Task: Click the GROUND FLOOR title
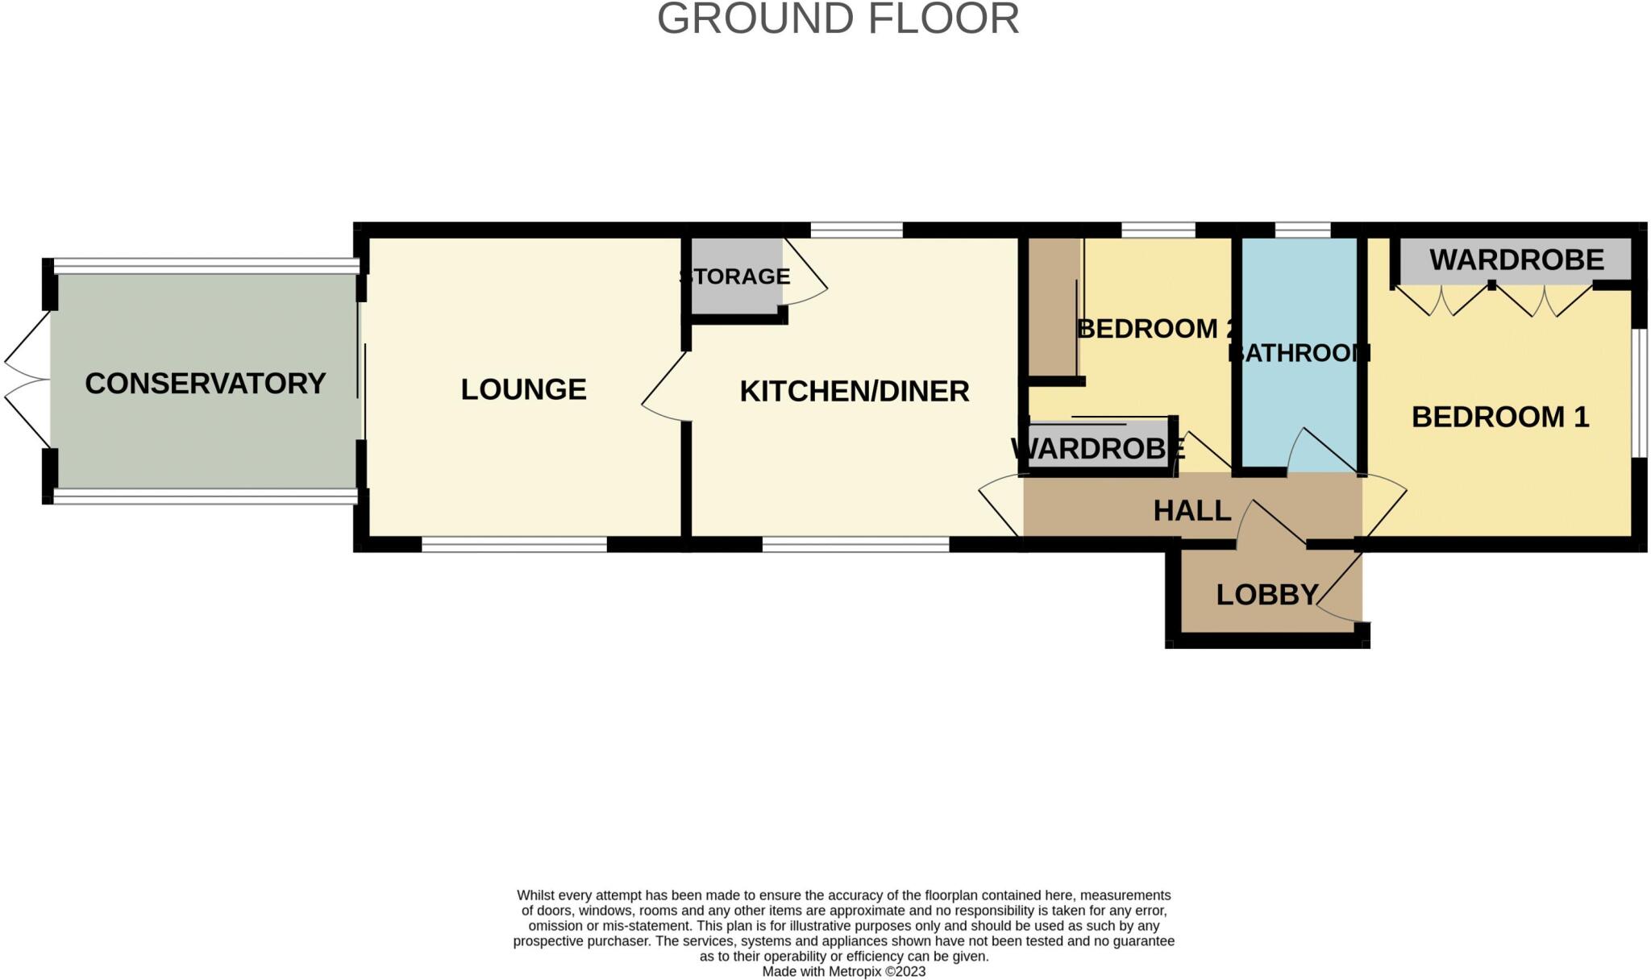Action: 838,19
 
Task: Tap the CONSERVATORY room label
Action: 205,384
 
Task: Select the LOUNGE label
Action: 523,389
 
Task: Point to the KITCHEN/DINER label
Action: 854,392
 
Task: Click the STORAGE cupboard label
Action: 735,276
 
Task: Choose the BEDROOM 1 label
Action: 1499,417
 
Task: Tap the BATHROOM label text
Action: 1299,353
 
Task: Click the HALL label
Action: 1191,510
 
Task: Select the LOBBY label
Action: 1266,595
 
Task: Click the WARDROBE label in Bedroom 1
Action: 1516,260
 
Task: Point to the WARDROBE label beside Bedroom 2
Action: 1097,448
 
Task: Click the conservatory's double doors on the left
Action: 26,379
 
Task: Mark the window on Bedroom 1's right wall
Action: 1639,392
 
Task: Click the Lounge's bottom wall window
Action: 514,546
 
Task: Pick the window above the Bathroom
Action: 1302,230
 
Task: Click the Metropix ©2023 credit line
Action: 843,971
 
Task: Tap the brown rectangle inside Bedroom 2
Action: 1053,306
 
